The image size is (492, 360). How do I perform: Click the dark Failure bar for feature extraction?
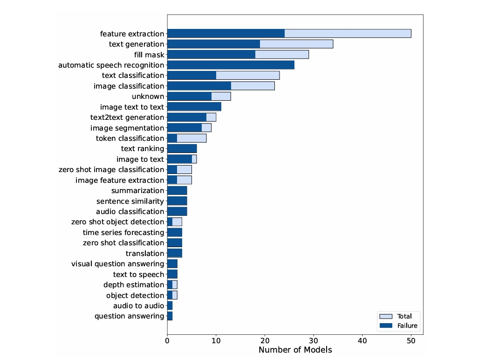(225, 34)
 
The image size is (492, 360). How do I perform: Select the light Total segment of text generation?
(296, 44)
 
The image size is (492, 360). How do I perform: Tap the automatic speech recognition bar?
(231, 65)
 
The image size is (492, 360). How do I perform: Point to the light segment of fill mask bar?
(282, 55)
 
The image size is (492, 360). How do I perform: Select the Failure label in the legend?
(407, 325)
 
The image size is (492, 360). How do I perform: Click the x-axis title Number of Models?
(295, 350)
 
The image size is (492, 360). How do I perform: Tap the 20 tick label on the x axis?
(265, 340)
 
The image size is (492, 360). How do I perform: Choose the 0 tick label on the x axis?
(167, 340)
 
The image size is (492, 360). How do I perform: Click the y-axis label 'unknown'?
(148, 97)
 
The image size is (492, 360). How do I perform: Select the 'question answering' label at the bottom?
(129, 316)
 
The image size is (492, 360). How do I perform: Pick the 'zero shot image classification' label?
(111, 170)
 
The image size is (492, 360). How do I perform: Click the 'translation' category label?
(145, 253)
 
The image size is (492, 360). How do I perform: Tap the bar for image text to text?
(194, 107)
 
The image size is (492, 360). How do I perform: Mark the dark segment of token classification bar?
(172, 138)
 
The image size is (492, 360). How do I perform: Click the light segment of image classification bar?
(253, 86)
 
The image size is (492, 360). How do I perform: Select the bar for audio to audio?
(170, 305)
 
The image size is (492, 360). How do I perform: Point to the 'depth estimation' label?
(134, 284)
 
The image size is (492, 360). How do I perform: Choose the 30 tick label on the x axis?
(314, 340)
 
